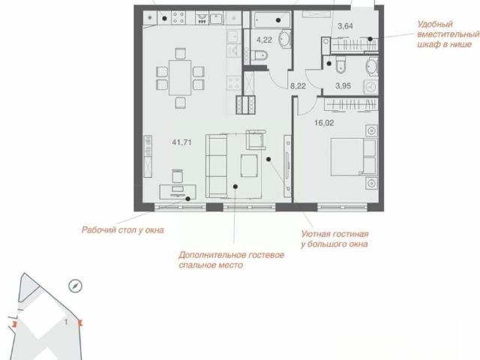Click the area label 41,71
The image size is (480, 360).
click(x=181, y=142)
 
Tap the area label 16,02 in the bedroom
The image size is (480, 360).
click(x=324, y=123)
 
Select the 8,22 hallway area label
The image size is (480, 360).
click(x=298, y=86)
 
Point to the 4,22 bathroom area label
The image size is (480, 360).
click(x=264, y=40)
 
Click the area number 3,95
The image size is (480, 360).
click(x=343, y=86)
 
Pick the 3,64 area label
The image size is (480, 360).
click(x=345, y=26)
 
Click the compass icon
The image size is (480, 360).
click(x=75, y=286)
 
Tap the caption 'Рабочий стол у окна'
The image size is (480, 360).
click(x=122, y=230)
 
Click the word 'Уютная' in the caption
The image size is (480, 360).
click(x=316, y=234)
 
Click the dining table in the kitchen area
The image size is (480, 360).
click(x=180, y=78)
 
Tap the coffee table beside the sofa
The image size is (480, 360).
click(x=249, y=166)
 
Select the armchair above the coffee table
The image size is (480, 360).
click(x=256, y=140)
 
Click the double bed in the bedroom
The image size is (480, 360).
click(x=353, y=157)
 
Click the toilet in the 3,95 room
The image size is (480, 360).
click(x=340, y=64)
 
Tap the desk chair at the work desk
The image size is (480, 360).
click(x=178, y=176)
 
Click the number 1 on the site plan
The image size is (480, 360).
click(x=66, y=322)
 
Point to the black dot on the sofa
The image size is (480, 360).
click(x=235, y=187)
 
